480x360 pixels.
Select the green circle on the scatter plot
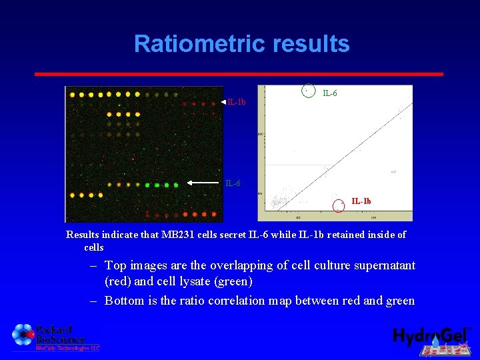[x=307, y=90]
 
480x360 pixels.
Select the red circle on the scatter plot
[x=339, y=205]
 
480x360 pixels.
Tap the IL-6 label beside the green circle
[x=330, y=93]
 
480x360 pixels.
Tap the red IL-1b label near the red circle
[x=361, y=201]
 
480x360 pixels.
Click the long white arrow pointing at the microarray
[x=204, y=182]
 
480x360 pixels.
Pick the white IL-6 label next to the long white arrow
[x=233, y=183]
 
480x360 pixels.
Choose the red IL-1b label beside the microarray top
[x=236, y=102]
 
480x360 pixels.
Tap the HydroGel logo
[x=432, y=338]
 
